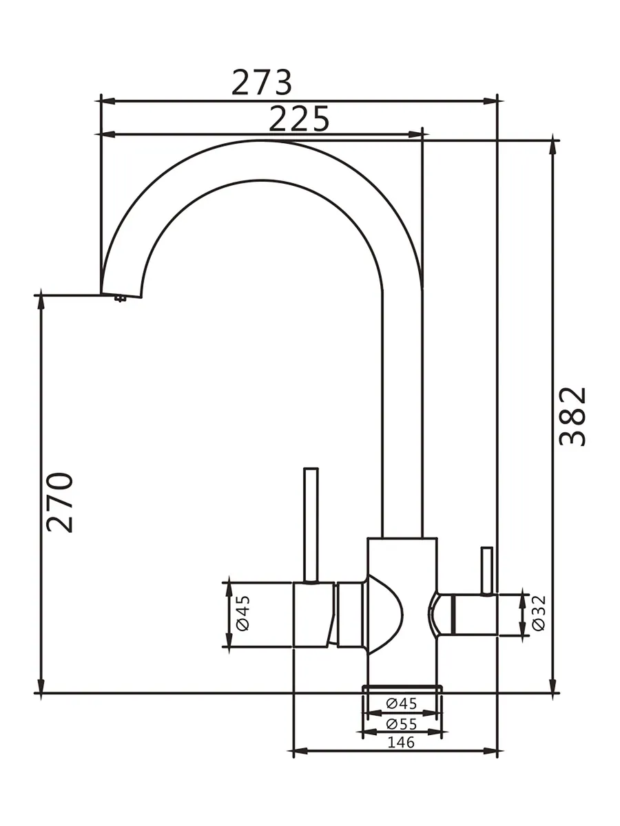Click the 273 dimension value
tap(262, 82)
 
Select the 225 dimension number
tap(299, 118)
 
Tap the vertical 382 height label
tap(572, 416)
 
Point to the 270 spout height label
tap(59, 502)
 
